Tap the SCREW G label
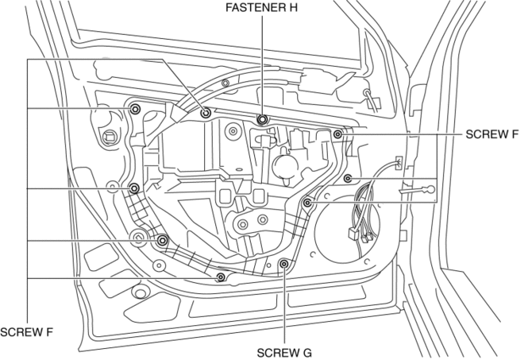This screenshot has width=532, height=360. tap(283, 350)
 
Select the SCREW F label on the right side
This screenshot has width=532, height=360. tap(494, 135)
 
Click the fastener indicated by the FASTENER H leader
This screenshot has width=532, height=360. tap(262, 120)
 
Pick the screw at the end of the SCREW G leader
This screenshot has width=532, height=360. tap(283, 264)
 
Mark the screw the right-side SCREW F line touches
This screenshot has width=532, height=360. tap(338, 134)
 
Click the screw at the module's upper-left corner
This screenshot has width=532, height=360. tap(134, 109)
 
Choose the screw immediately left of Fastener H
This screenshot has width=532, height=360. tap(206, 113)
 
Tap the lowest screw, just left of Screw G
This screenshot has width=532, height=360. tap(221, 277)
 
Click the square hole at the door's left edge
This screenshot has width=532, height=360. tap(107, 136)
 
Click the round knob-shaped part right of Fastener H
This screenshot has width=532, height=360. tap(283, 168)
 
